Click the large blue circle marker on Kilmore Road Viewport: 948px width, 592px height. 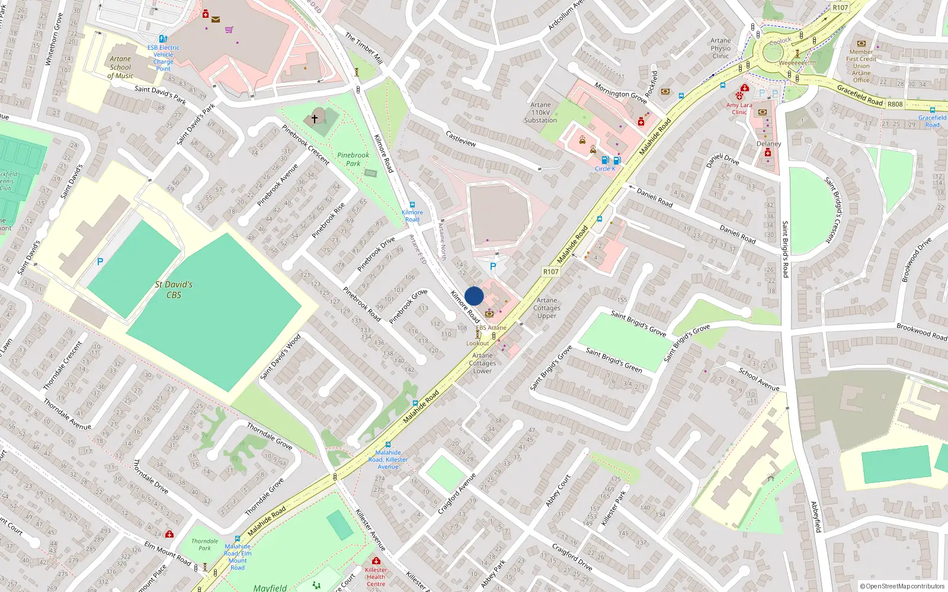[x=474, y=296]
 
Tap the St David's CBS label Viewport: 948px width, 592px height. [x=174, y=289]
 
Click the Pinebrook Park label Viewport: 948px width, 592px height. [x=353, y=159]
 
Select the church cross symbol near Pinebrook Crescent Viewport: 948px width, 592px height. [x=315, y=118]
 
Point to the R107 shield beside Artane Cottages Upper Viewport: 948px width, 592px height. [x=551, y=272]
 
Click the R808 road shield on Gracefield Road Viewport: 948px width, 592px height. [x=895, y=104]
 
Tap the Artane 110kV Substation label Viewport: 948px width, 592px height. [x=540, y=112]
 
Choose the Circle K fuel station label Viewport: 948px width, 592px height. [x=605, y=169]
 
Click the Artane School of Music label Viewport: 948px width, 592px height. [x=120, y=67]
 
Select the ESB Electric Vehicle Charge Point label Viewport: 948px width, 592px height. [x=163, y=58]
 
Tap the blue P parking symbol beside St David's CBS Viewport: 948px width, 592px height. [x=100, y=262]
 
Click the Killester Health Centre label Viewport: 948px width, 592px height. [x=376, y=577]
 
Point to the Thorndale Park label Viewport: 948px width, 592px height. [x=204, y=545]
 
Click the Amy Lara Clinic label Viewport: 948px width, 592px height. [x=739, y=108]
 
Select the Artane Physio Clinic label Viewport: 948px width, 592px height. [x=720, y=49]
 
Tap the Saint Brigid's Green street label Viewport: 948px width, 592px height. [x=614, y=360]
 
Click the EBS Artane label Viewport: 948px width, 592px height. [x=491, y=327]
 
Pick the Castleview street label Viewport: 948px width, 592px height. [x=460, y=139]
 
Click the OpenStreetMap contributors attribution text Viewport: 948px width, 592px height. [x=902, y=586]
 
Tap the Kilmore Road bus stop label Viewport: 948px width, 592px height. [x=412, y=215]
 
